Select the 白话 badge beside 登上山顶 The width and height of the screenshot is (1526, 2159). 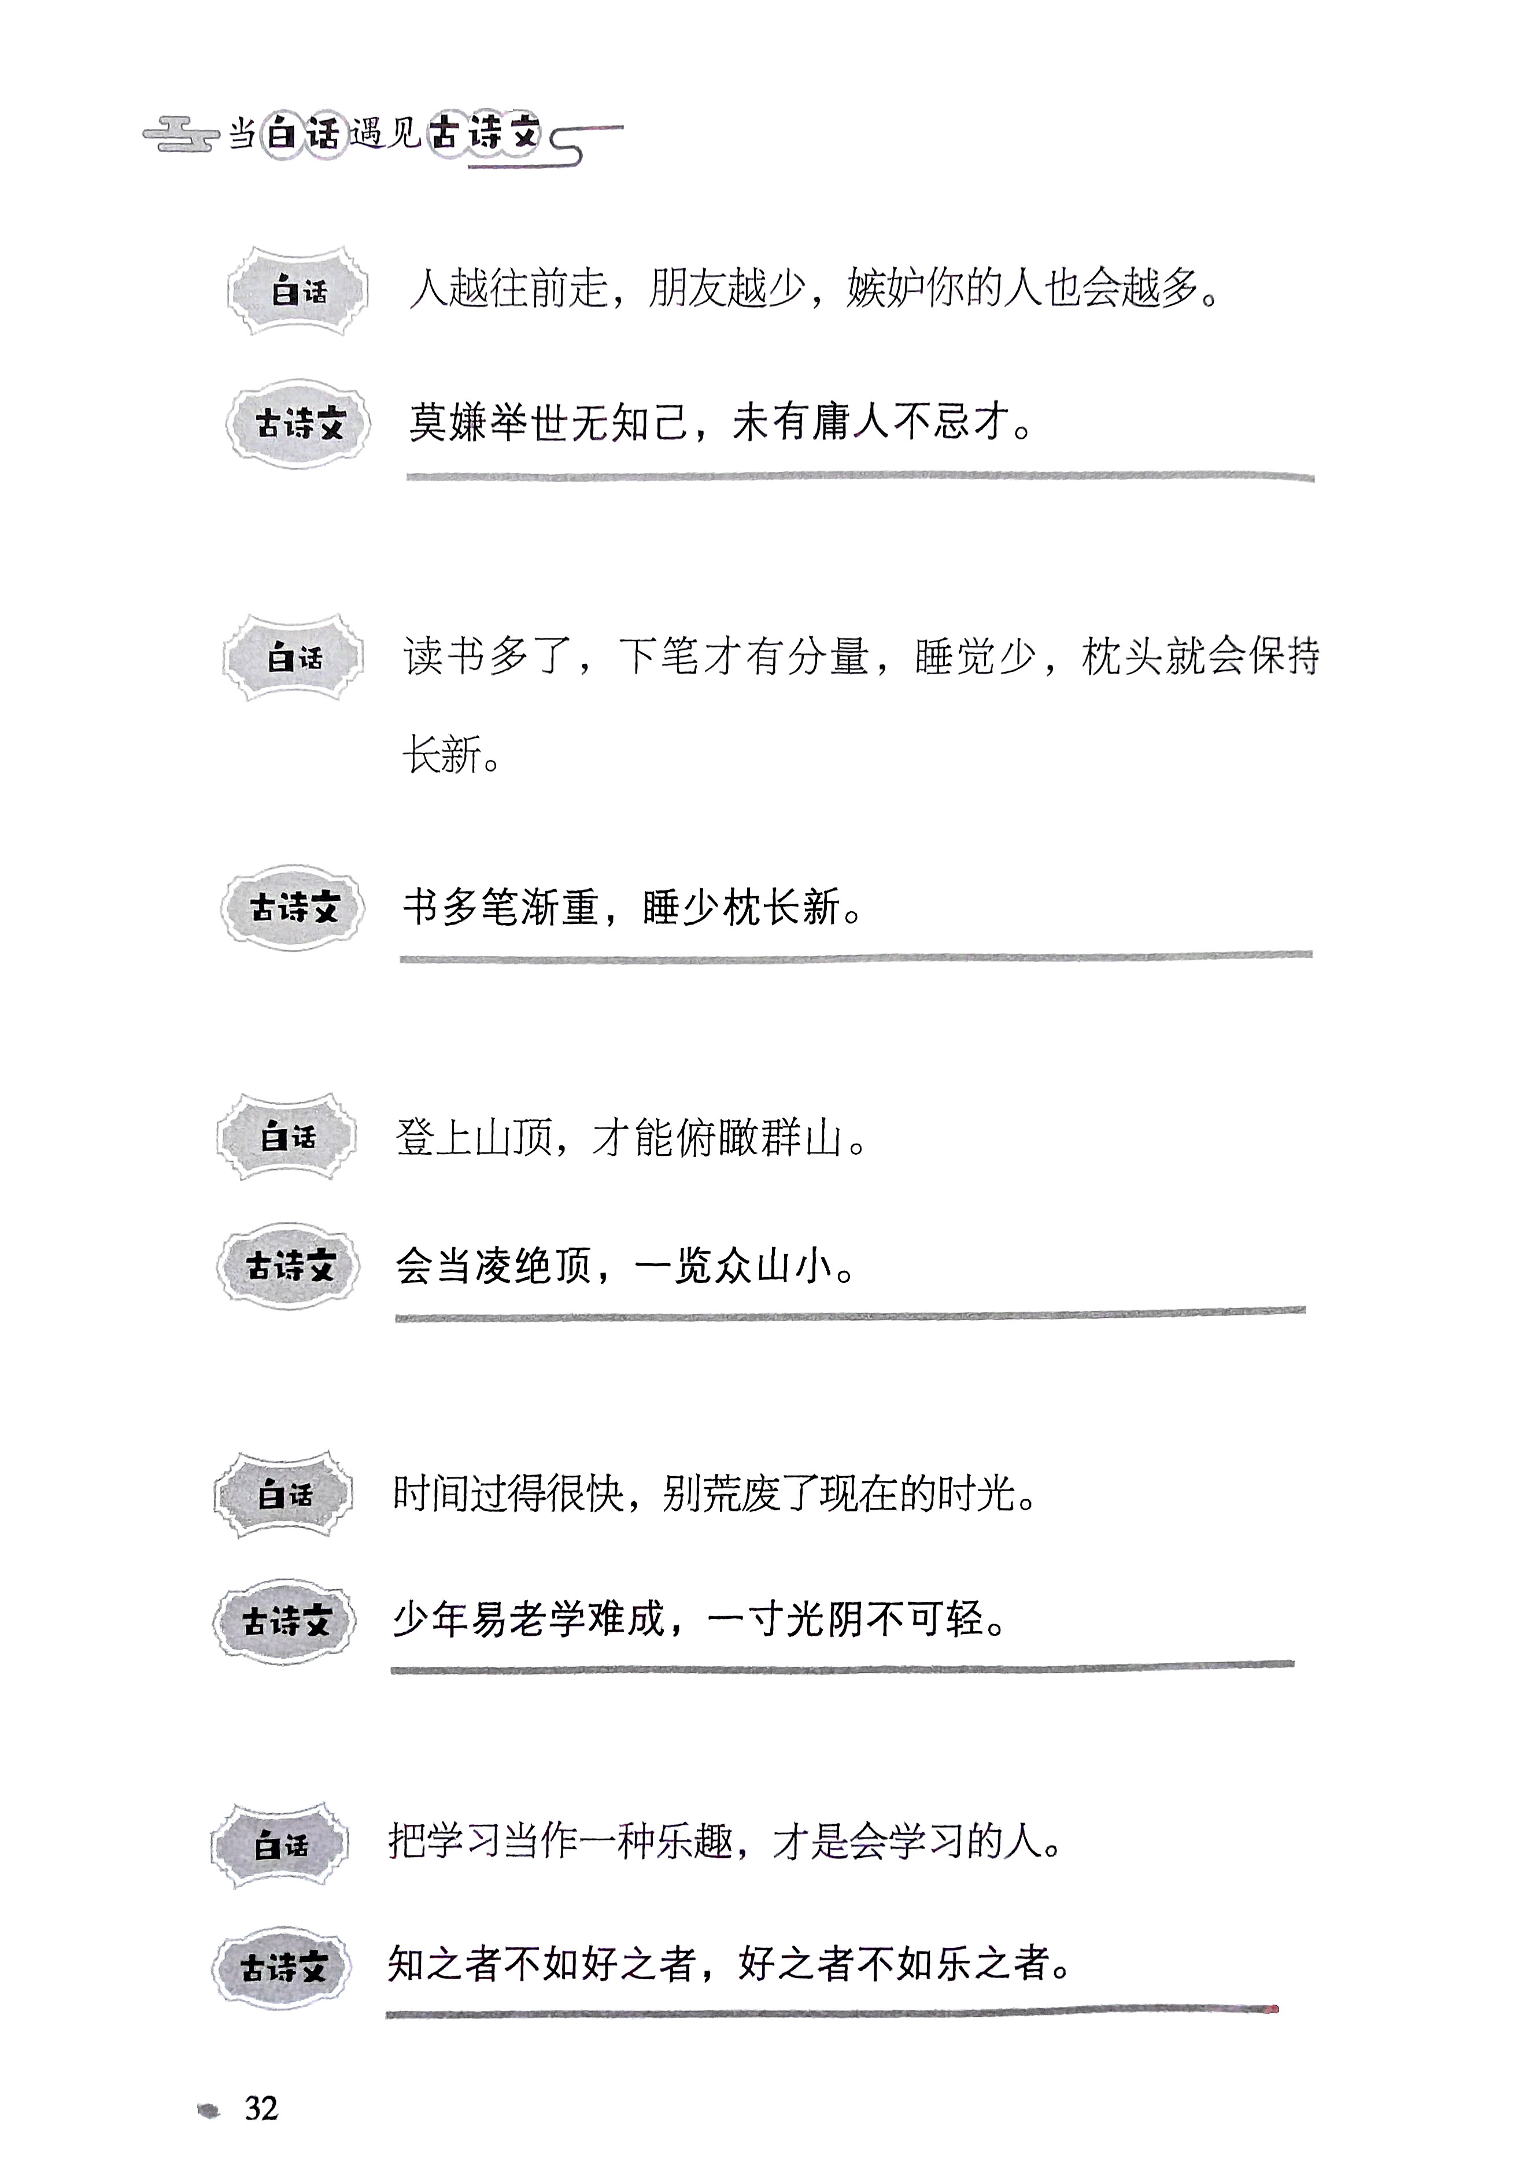point(287,1137)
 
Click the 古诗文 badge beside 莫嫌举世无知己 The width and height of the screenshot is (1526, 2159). point(299,424)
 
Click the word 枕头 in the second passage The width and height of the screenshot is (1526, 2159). point(1122,656)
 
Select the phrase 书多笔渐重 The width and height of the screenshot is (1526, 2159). point(500,907)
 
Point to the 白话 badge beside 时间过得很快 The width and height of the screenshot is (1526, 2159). point(284,1494)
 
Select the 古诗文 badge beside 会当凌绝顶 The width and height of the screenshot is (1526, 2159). point(290,1266)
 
